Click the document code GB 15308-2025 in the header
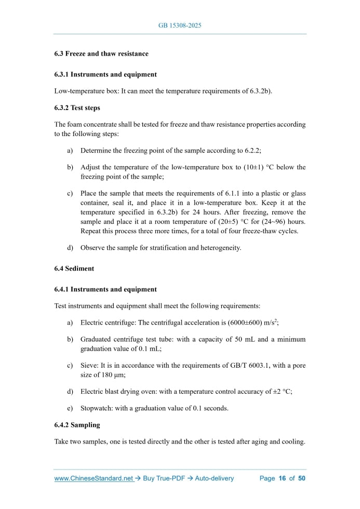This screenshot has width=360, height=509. tap(179, 25)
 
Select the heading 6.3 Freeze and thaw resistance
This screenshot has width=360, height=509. tap(101, 53)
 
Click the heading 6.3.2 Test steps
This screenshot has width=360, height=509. tap(77, 108)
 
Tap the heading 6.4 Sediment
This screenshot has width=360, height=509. tap(74, 269)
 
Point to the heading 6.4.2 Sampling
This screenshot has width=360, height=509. tap(77, 425)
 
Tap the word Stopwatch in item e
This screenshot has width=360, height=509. tap(96, 408)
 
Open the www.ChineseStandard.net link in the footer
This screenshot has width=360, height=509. tap(94, 478)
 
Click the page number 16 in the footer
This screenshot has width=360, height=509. tap(283, 478)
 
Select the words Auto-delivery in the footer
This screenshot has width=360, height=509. tap(214, 478)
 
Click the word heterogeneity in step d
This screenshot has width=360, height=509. tap(218, 248)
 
